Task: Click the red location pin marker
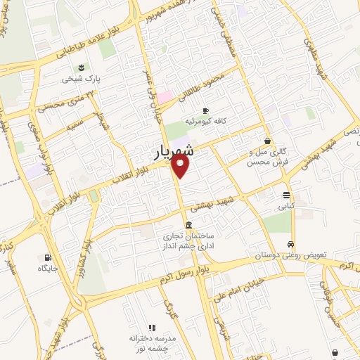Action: point(181,166)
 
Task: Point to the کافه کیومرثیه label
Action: point(205,122)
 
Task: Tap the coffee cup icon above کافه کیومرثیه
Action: point(205,110)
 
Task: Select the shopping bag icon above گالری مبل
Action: point(267,141)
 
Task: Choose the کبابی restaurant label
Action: point(287,207)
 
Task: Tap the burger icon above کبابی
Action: point(287,195)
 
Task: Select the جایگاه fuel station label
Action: point(48,268)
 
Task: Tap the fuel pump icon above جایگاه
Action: point(48,257)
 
